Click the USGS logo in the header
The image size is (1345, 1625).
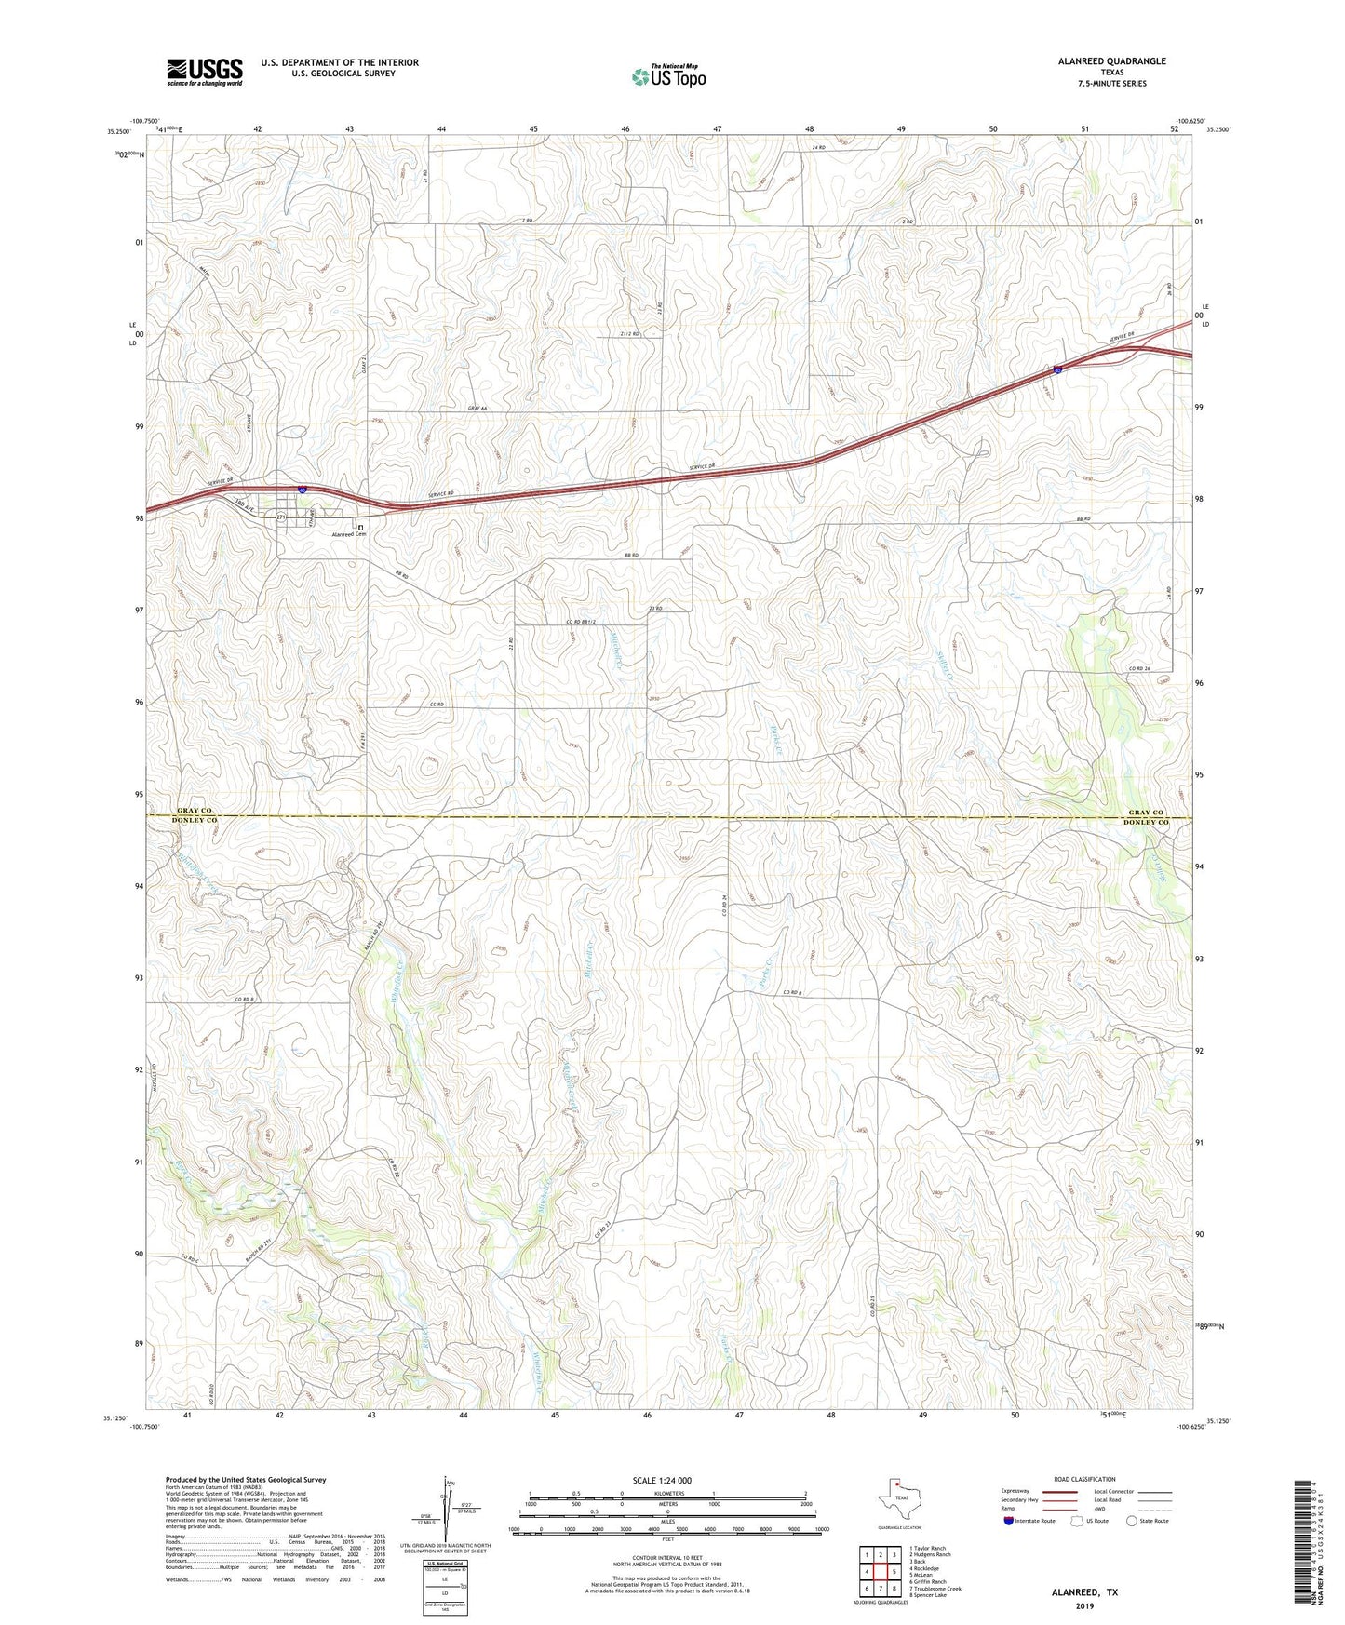tap(204, 72)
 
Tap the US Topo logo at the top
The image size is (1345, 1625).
tap(667, 76)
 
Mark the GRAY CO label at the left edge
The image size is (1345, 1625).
tap(195, 811)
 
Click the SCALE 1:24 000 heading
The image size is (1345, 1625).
tap(662, 1480)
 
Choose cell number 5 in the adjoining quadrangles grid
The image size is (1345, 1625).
tap(893, 1572)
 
